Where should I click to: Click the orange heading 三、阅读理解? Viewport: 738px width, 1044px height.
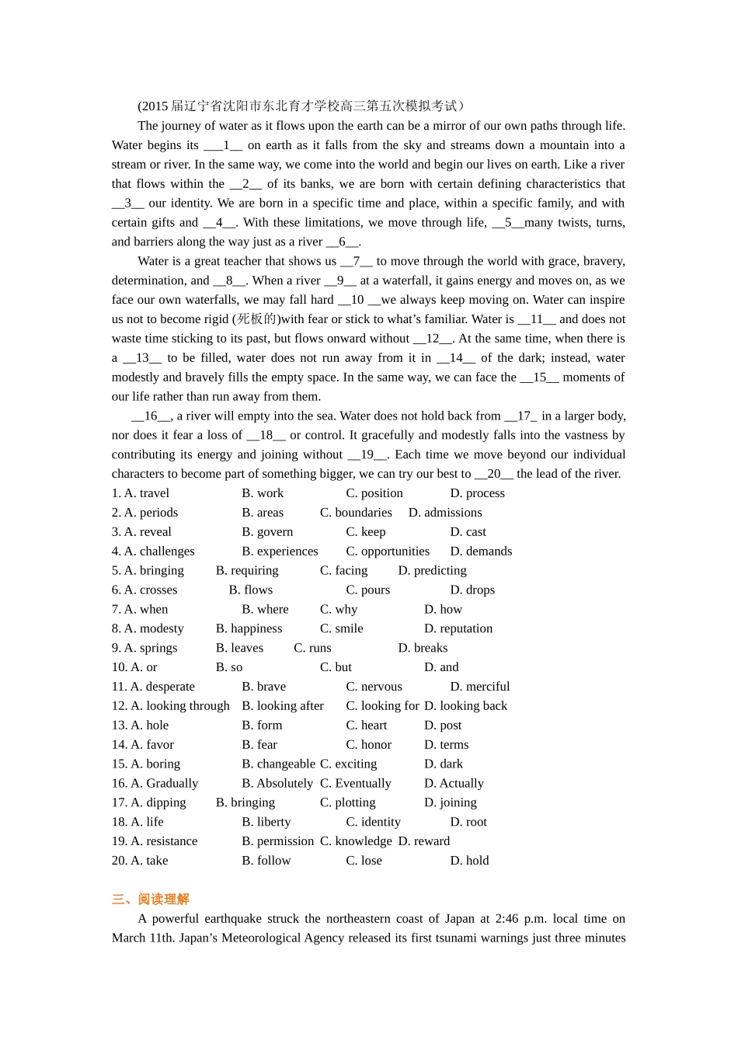[x=151, y=899]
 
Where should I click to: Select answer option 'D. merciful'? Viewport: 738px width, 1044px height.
[x=479, y=687]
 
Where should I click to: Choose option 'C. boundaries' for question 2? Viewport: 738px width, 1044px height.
[x=356, y=513]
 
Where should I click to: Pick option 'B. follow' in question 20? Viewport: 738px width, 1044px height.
[x=266, y=861]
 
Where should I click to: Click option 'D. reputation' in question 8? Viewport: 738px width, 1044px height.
[x=458, y=628]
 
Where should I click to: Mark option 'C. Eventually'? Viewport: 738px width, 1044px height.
[x=355, y=783]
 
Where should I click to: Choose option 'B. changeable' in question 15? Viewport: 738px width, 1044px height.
[x=278, y=764]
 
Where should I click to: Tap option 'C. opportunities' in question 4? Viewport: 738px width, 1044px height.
[x=387, y=552]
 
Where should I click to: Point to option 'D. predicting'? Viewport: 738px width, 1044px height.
[x=432, y=571]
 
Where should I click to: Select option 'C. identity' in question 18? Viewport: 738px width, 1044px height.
[x=373, y=822]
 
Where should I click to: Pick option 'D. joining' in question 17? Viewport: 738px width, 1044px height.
[x=450, y=802]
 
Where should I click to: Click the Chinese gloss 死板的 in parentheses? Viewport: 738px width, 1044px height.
[x=256, y=319]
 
